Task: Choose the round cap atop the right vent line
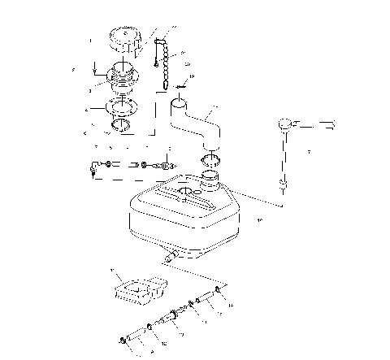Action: tap(284, 124)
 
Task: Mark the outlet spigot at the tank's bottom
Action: tap(171, 256)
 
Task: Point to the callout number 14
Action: tap(230, 305)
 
